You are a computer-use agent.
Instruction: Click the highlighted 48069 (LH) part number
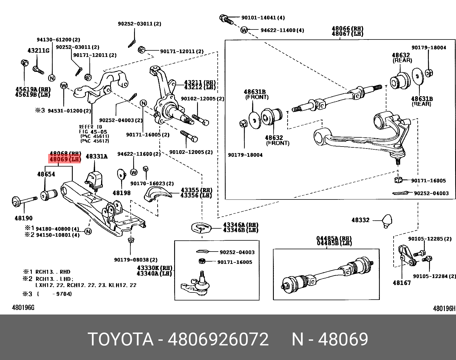65,159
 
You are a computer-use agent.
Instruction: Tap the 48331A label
97,157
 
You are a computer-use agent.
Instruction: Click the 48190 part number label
23,218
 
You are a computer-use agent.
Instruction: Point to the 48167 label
402,283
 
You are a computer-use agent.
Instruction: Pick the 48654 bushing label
46,174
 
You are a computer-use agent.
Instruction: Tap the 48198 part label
121,193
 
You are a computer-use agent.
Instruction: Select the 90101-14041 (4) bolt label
263,17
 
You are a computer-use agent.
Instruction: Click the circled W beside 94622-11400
244,30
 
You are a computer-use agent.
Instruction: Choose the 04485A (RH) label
334,238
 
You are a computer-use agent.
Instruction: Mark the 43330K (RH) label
155,268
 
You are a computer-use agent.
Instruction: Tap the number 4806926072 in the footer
218,340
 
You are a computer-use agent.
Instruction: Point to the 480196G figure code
23,308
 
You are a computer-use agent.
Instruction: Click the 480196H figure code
444,308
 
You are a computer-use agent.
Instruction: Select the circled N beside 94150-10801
88,232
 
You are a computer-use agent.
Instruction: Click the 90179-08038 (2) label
136,260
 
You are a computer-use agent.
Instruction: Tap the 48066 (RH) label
347,29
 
